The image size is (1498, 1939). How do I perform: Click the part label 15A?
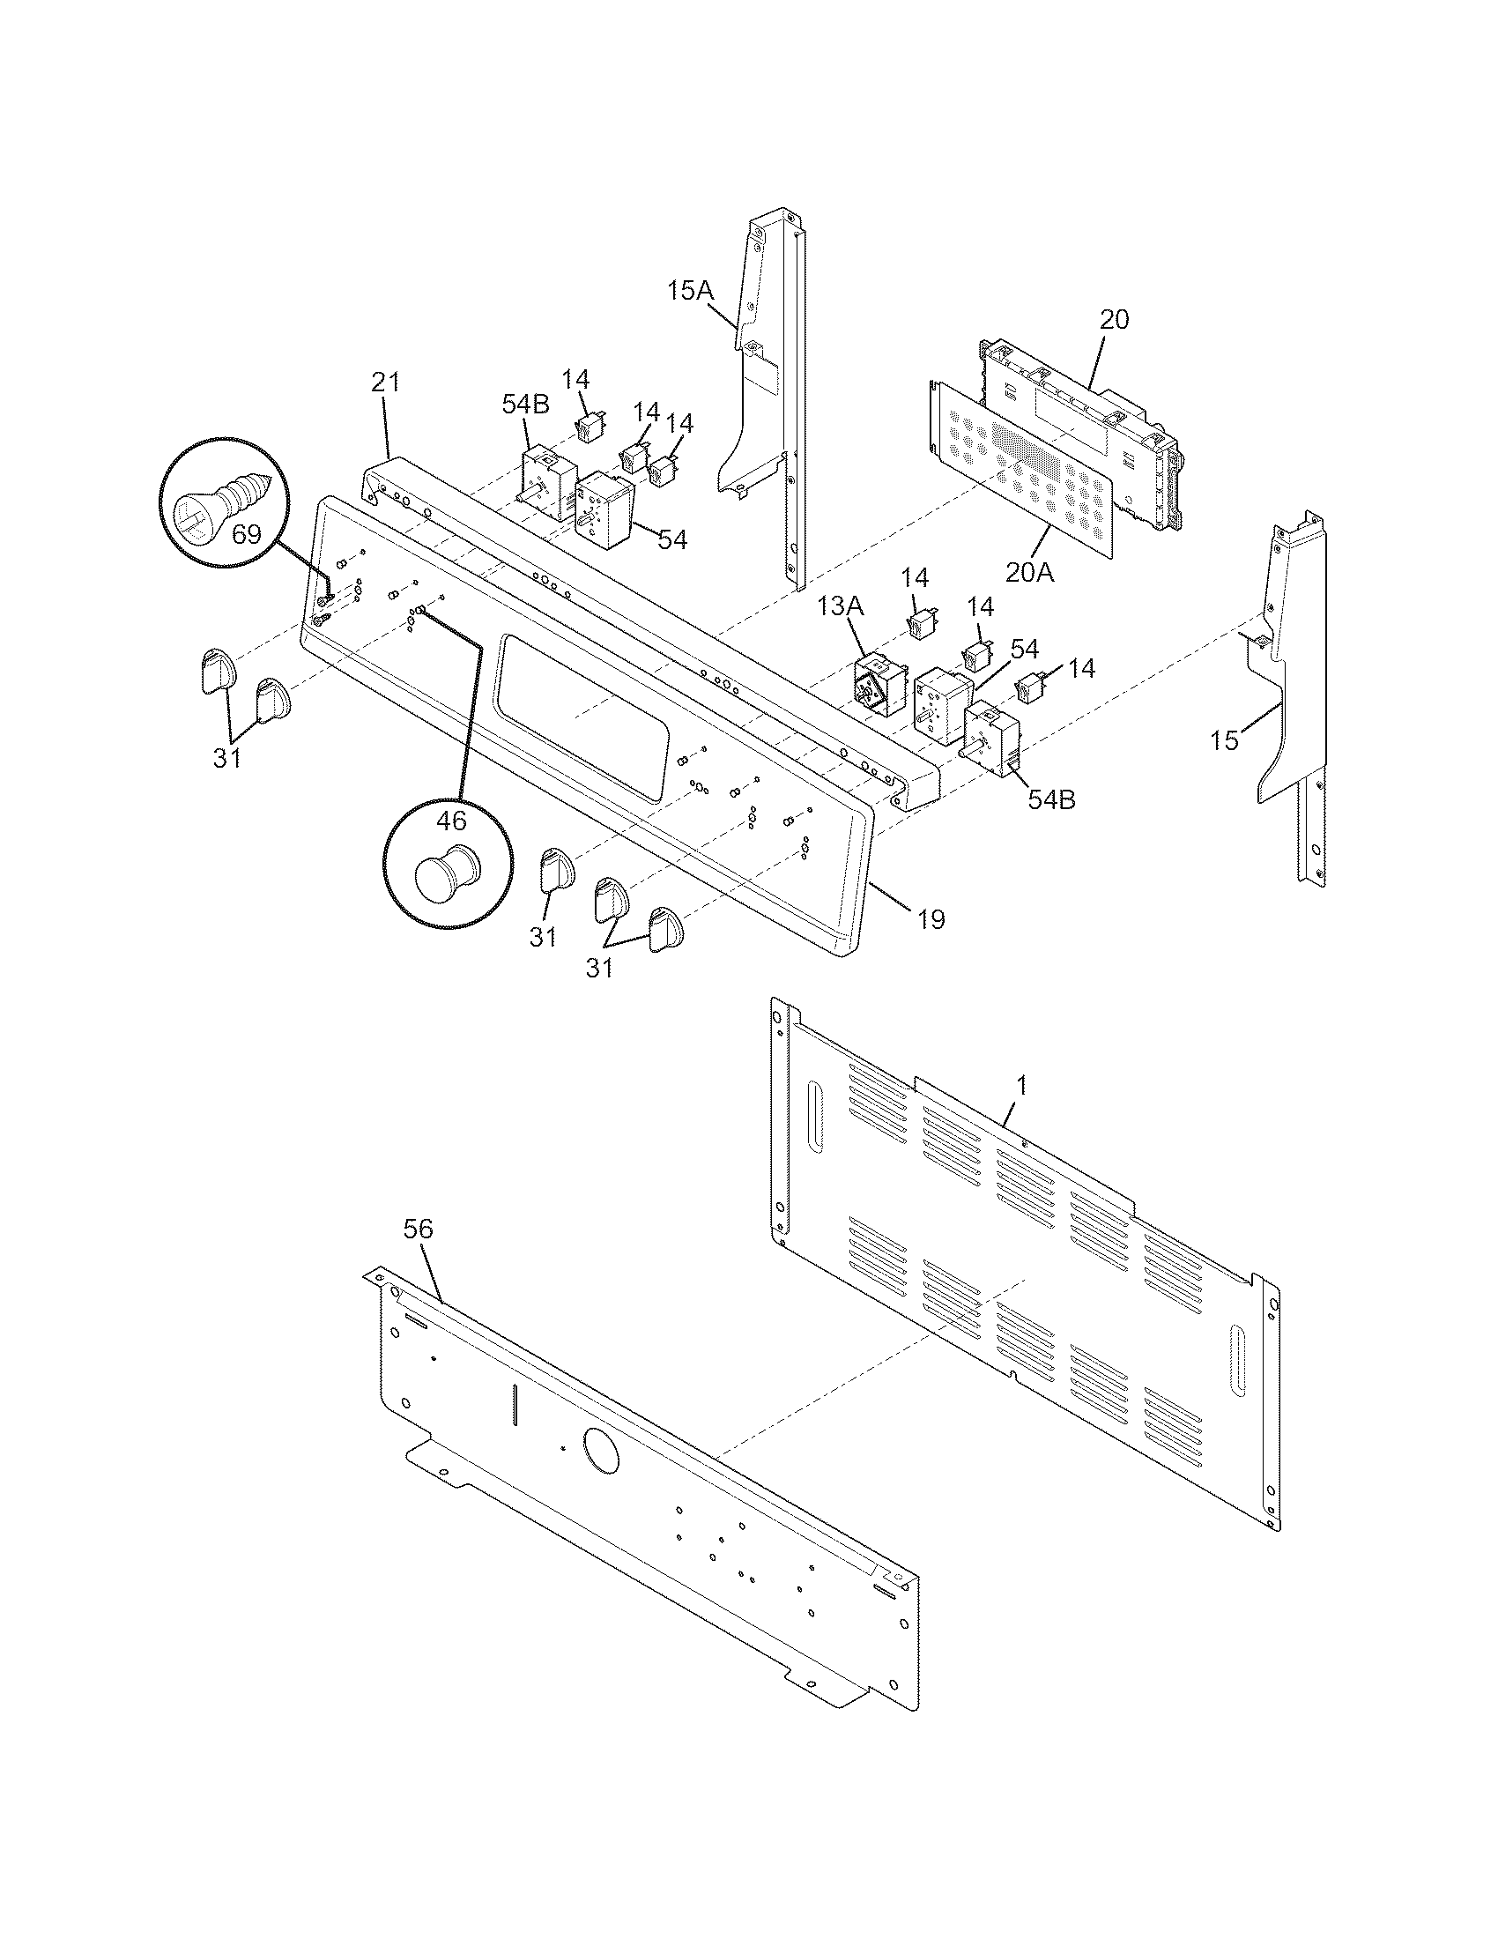coord(691,290)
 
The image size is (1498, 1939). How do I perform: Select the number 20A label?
coord(1029,573)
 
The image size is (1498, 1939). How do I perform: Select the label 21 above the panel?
coord(385,383)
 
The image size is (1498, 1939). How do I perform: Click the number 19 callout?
coord(930,919)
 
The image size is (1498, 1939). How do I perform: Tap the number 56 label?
coord(418,1229)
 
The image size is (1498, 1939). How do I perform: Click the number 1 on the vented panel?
coord(1021,1085)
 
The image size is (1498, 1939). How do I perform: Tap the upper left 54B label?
coord(525,404)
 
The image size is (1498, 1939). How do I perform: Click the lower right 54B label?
coord(1051,799)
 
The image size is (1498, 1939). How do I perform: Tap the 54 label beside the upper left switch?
coord(672,539)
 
